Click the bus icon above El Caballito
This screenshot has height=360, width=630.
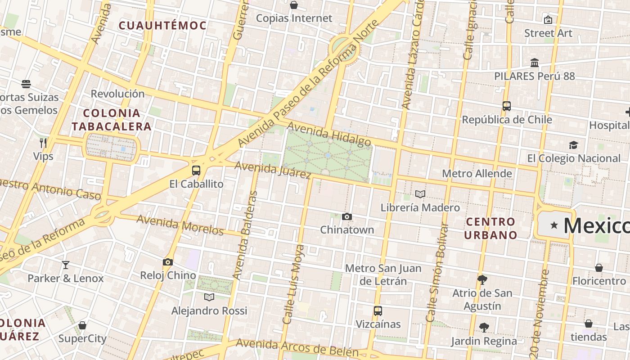tap(196, 171)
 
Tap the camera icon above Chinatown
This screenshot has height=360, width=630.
tap(346, 217)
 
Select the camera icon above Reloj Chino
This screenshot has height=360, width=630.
tap(168, 262)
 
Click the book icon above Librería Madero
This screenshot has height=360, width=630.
tap(420, 194)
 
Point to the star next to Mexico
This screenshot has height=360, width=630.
tap(554, 225)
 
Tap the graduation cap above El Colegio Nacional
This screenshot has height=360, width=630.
tap(573, 145)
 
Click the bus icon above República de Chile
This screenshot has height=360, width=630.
tap(507, 107)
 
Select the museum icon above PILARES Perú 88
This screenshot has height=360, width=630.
tap(535, 63)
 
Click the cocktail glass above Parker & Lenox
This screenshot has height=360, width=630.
tap(66, 265)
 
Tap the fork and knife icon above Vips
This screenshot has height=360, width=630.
tap(43, 143)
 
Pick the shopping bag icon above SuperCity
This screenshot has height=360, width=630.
tap(82, 325)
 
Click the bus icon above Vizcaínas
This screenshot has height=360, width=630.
tap(378, 311)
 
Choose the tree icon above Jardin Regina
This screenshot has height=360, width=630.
tap(484, 328)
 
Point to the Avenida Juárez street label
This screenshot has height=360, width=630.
tap(273, 170)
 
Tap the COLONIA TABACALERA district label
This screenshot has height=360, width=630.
tap(111, 120)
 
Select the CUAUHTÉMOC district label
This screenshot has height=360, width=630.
tap(162, 26)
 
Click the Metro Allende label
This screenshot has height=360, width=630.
tap(477, 174)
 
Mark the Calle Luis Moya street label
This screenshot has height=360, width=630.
tap(292, 284)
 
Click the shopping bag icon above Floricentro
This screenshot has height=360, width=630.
tap(599, 268)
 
